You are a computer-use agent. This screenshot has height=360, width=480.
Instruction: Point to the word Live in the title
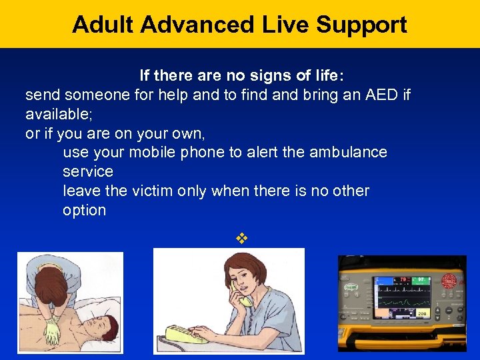[278, 25]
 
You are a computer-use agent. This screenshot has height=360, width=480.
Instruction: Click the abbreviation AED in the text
[382, 95]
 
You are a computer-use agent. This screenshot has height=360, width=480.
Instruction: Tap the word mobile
[153, 152]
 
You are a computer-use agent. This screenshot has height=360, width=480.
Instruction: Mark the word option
[84, 210]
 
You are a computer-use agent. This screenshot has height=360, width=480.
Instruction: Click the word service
[88, 171]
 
